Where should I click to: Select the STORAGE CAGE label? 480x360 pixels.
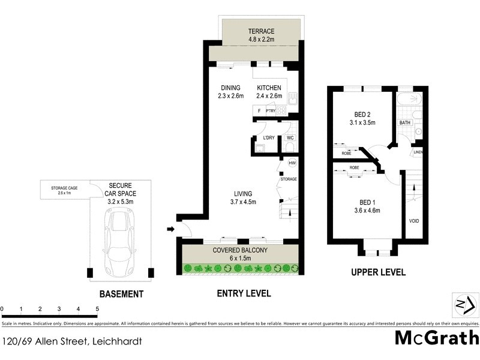(x=64, y=189)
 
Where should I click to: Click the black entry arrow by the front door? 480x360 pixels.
(x=172, y=229)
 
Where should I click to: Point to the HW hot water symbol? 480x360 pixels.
(x=292, y=163)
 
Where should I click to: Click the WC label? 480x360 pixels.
(x=290, y=138)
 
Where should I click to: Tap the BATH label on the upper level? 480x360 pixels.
(x=405, y=124)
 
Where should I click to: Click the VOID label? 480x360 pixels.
(x=413, y=221)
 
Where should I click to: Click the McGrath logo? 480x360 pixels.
(x=437, y=338)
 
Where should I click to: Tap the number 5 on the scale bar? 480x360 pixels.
(x=97, y=309)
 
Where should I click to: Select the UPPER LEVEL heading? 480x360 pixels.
(x=378, y=272)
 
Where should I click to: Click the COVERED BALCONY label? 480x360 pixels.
(x=239, y=250)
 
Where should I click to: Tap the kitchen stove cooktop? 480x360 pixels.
(x=281, y=110)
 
